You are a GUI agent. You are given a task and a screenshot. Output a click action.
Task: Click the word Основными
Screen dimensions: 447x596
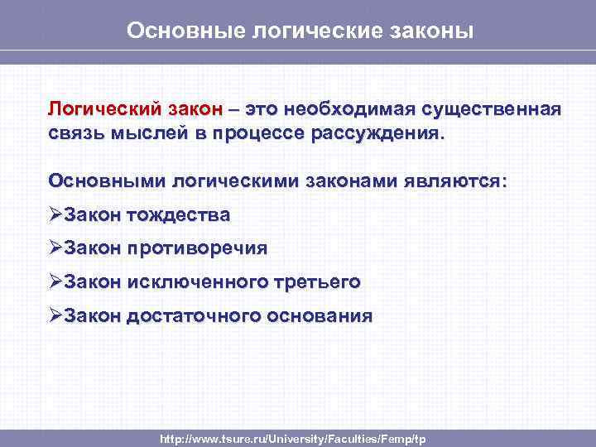(x=107, y=180)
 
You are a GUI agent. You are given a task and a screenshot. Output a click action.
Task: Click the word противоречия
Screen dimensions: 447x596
(x=197, y=248)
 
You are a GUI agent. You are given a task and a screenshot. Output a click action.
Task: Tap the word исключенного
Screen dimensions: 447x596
(x=195, y=281)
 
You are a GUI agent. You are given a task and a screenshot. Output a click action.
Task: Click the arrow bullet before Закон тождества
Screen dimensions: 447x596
(x=55, y=215)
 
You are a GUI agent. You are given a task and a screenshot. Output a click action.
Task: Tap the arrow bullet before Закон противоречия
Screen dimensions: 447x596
(x=55, y=248)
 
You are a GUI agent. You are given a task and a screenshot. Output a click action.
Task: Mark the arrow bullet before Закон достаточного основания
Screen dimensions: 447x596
(x=55, y=315)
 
